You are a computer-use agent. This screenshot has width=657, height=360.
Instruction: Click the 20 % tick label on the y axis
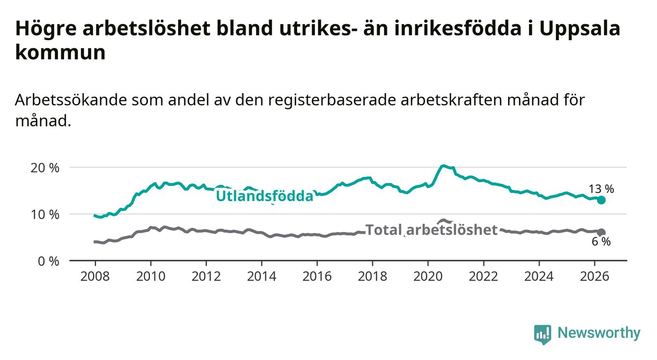coord(45,168)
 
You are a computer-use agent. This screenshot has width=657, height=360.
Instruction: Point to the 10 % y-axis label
coord(45,215)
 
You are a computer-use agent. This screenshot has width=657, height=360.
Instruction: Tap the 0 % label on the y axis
coord(49,261)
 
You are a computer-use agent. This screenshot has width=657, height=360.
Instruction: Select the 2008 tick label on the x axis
coord(95,277)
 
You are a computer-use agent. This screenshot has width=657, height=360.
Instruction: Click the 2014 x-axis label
coord(262,277)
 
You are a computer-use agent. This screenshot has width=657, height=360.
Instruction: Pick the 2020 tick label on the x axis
coord(428,277)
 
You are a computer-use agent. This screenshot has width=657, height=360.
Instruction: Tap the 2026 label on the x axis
coord(595,277)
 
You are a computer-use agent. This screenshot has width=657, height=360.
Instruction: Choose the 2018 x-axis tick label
coord(373,277)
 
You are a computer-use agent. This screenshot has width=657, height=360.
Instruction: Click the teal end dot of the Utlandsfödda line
coord(601,200)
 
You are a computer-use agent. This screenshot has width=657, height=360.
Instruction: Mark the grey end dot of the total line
coord(601,232)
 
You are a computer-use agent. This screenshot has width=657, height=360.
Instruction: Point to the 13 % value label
coord(601,189)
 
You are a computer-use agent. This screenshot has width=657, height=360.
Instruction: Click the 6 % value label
coord(601,242)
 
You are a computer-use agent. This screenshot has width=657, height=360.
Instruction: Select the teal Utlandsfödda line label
coord(265,196)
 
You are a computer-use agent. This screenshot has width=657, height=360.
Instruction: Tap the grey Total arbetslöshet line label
coord(431,230)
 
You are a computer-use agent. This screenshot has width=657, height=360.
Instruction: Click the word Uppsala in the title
coord(580,29)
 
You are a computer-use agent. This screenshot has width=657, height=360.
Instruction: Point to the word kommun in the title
coord(60,53)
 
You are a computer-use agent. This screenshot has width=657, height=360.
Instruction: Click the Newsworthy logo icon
coord(543,334)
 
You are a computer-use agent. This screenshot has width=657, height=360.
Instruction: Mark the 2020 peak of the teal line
coord(443,166)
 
